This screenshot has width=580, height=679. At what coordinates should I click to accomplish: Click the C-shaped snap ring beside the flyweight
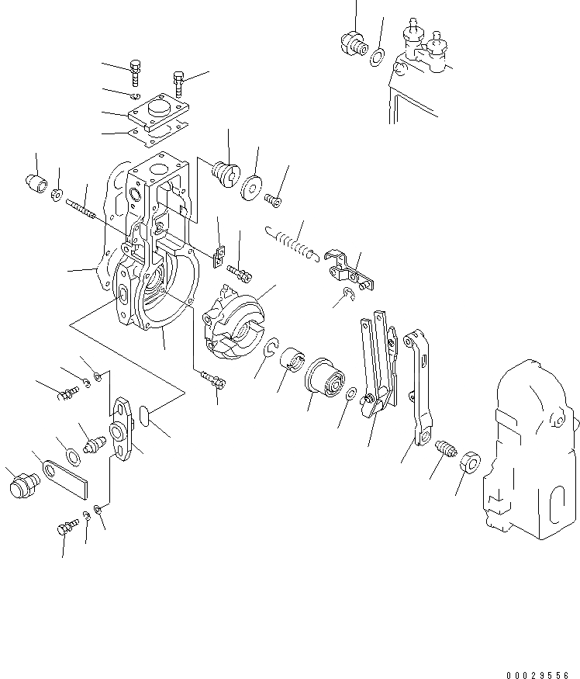point(272,351)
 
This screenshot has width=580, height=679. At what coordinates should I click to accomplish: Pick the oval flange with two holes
point(123,426)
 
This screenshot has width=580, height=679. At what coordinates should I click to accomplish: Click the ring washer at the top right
point(378,56)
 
